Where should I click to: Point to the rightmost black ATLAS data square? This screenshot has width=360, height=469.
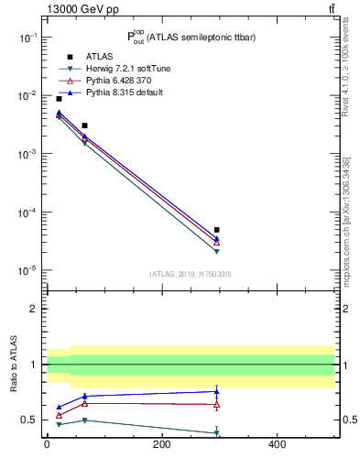[217, 230]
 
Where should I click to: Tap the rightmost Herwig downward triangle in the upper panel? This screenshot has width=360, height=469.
[217, 251]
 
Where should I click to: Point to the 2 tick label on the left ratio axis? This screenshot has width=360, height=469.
[36, 309]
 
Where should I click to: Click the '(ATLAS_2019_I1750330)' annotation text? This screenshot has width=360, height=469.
[190, 274]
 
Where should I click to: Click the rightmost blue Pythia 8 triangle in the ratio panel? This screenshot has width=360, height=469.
[217, 391]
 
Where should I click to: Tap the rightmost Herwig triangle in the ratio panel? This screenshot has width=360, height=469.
[217, 432]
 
